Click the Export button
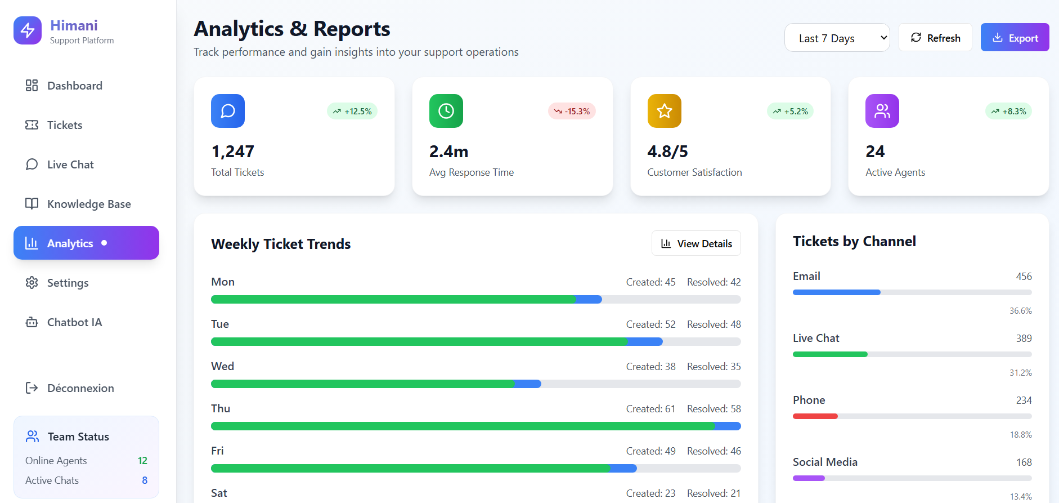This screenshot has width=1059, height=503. tap(1015, 38)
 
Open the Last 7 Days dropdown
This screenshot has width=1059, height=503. tap(837, 38)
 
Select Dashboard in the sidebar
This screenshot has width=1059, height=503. tap(74, 86)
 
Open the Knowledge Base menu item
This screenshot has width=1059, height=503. tap(88, 204)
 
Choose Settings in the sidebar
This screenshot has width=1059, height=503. tap(68, 283)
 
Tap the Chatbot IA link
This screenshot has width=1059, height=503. tap(74, 322)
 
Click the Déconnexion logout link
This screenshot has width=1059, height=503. tap(80, 388)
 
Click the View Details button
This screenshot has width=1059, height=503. tap(696, 243)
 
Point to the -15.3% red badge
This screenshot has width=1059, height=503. tap(572, 112)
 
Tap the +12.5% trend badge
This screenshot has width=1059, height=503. tap(352, 112)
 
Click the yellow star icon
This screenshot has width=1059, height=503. tap(664, 111)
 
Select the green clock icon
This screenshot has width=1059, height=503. tap(446, 111)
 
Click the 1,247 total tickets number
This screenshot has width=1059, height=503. tap(233, 152)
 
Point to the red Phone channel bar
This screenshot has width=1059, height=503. tap(815, 416)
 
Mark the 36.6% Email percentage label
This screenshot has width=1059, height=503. tap(1020, 311)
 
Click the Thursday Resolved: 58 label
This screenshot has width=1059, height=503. tap(714, 409)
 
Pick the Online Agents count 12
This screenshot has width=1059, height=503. tap(142, 461)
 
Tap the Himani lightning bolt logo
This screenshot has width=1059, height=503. tap(28, 30)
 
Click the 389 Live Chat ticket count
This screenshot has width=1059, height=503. tap(1024, 339)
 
